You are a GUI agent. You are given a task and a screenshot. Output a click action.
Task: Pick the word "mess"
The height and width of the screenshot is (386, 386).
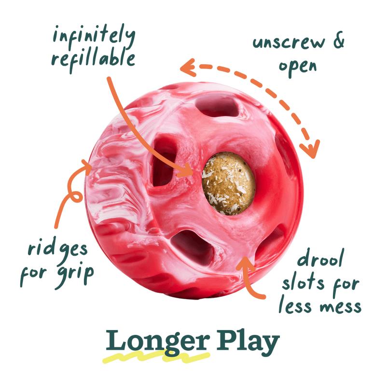341,305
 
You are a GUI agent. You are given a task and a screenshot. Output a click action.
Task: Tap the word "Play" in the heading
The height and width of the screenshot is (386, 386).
248,342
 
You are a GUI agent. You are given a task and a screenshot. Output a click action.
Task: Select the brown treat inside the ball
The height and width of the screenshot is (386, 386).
228,183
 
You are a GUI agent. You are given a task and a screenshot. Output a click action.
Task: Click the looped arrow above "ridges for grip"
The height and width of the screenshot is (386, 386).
72,193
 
